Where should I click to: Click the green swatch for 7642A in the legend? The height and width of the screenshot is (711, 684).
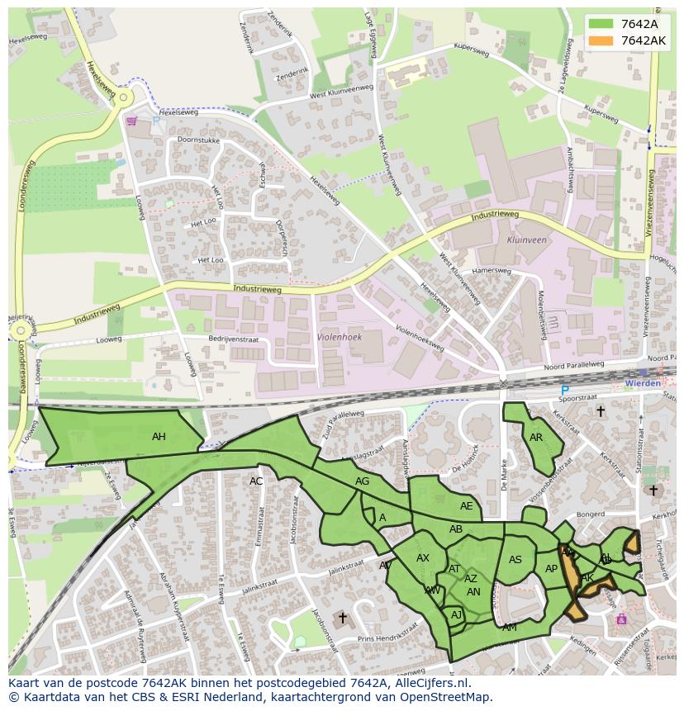[601, 24]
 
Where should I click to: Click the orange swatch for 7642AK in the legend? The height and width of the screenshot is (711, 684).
[601, 40]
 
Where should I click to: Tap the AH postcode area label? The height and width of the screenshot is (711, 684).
[159, 437]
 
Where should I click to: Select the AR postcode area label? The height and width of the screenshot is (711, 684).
[536, 438]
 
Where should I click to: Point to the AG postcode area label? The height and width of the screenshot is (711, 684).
[362, 481]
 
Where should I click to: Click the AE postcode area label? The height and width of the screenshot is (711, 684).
[467, 506]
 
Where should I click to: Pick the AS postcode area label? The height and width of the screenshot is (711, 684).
[515, 560]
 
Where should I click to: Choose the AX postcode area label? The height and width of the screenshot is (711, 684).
[423, 558]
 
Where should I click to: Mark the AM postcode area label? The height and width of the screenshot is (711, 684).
[510, 628]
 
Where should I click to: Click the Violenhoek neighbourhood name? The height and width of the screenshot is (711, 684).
[340, 337]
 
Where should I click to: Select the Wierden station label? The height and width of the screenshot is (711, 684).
[644, 383]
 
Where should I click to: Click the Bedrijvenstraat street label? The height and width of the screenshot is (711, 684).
[233, 339]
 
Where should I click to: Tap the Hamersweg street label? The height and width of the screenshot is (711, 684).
[492, 271]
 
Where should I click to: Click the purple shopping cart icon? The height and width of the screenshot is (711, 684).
[131, 121]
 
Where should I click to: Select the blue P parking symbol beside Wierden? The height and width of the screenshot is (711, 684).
[565, 391]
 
